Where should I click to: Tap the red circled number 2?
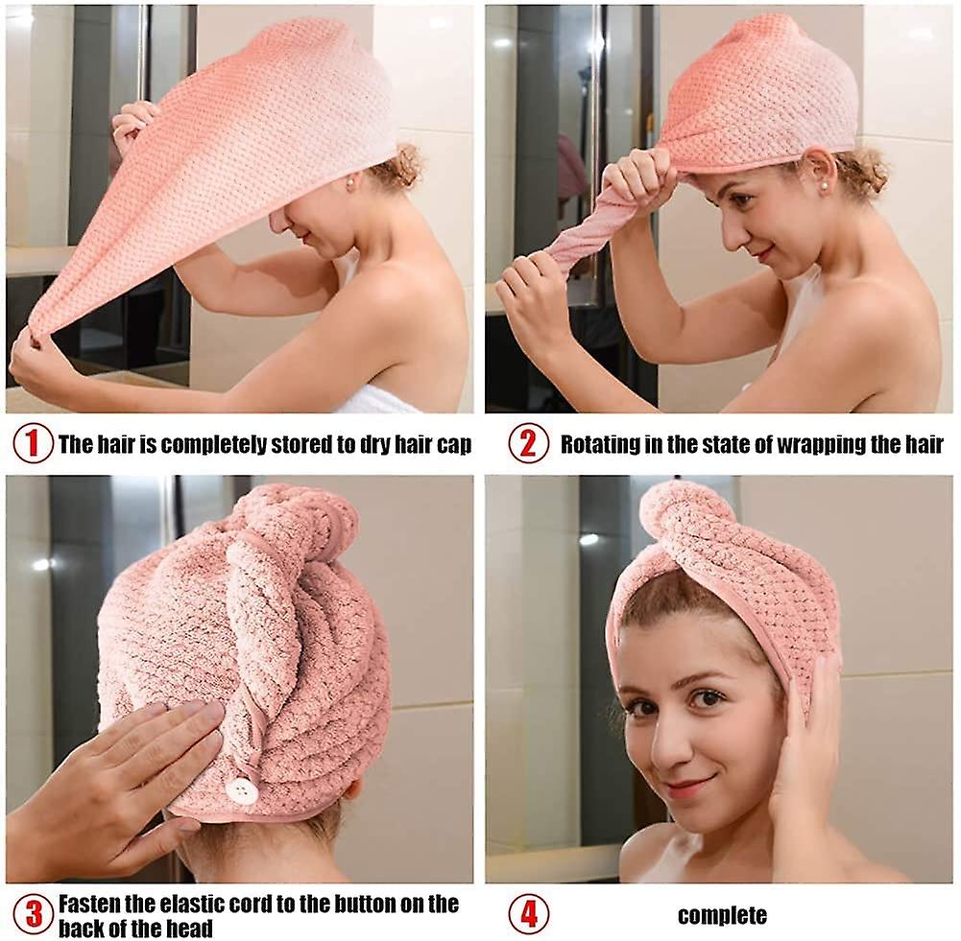tap(528, 442)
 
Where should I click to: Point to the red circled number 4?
tap(528, 913)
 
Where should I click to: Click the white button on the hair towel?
tap(242, 789)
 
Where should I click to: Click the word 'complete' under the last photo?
tap(722, 915)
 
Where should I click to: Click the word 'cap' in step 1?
tap(454, 445)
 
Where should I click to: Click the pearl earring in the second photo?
tap(819, 183)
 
